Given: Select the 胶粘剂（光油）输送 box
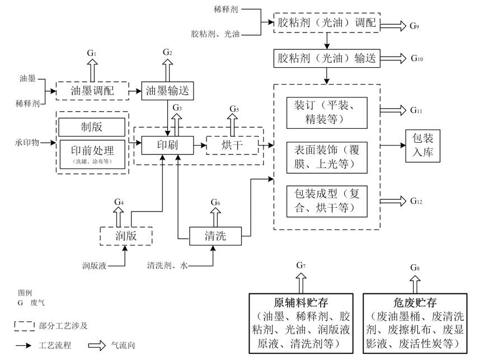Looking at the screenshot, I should coord(327,57).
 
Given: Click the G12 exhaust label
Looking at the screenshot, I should coord(417,200).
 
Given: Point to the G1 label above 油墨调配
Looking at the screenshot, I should coord(91,52).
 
